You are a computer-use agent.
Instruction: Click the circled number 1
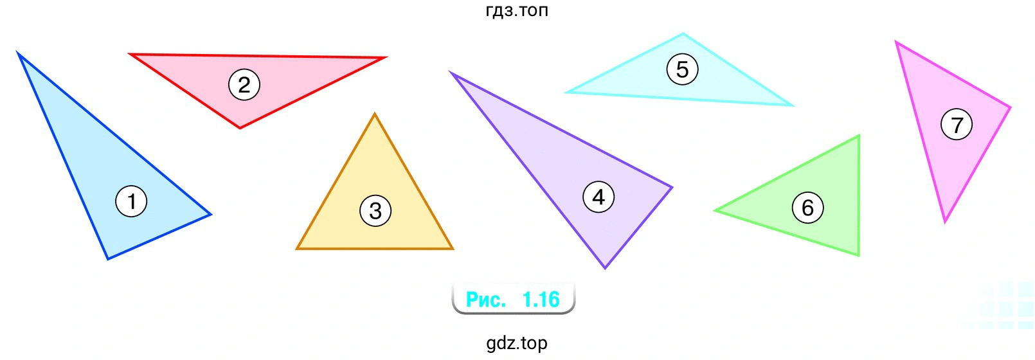pyautogui.click(x=131, y=201)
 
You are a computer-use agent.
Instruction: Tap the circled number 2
pyautogui.click(x=244, y=85)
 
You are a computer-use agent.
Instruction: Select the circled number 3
pyautogui.click(x=375, y=211)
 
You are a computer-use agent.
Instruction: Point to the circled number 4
pyautogui.click(x=599, y=197)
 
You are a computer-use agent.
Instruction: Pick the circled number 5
pyautogui.click(x=683, y=69)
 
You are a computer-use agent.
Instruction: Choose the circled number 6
pyautogui.click(x=807, y=208)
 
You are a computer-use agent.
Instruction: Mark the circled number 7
pyautogui.click(x=957, y=124)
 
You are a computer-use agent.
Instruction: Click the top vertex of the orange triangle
pyautogui.click(x=375, y=114)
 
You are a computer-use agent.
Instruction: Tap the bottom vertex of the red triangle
pyautogui.click(x=240, y=128)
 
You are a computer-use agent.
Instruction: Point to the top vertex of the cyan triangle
pyautogui.click(x=683, y=33)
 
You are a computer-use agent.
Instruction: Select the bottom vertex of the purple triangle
pyautogui.click(x=605, y=267)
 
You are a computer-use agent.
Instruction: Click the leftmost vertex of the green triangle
pyautogui.click(x=715, y=211)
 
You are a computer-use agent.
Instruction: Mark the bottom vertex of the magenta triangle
pyautogui.click(x=945, y=222)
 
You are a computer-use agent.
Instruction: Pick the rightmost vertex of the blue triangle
pyautogui.click(x=211, y=215)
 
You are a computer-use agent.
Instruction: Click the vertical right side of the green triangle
pyautogui.click(x=859, y=195)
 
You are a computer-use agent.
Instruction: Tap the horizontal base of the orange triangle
pyautogui.click(x=375, y=249)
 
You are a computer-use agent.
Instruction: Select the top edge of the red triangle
pyautogui.click(x=257, y=55)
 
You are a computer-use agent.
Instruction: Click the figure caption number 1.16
pyautogui.click(x=541, y=300)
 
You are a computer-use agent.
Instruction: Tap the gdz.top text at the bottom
pyautogui.click(x=517, y=343)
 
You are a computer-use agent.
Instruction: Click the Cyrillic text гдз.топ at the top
pyautogui.click(x=517, y=10)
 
